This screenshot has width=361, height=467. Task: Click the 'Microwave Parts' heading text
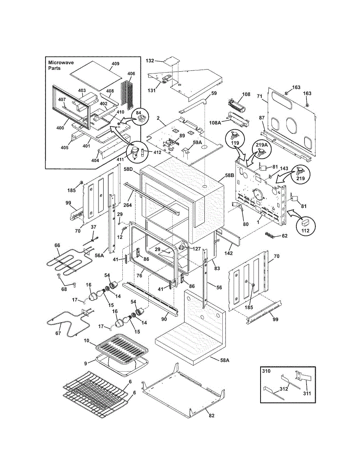tap(61, 65)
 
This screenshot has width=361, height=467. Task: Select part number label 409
tap(115, 63)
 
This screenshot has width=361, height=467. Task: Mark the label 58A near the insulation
tap(225, 360)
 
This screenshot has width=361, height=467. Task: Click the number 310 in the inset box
tap(266, 371)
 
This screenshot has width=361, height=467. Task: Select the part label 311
tap(307, 393)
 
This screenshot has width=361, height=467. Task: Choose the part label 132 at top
tap(150, 61)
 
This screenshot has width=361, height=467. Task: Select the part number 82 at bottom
tap(212, 416)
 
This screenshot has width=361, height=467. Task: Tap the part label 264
tap(127, 205)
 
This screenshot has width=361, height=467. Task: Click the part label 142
tap(229, 253)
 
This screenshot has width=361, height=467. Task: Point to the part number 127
tap(197, 249)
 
